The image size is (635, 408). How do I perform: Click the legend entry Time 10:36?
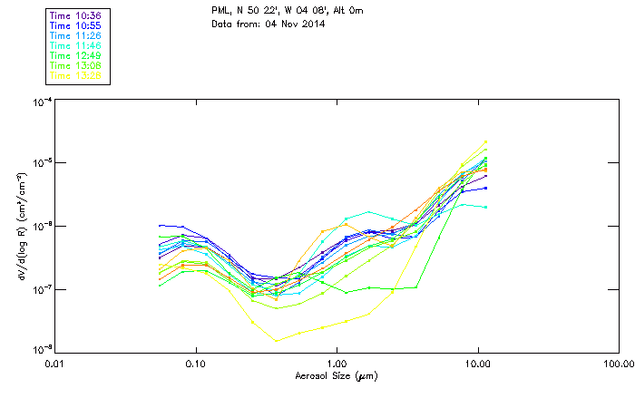click(76, 15)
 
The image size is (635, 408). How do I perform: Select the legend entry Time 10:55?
click(76, 25)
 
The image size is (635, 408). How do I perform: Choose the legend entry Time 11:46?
click(76, 45)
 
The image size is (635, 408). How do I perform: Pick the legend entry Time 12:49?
click(76, 55)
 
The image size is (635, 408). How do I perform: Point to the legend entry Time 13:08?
click(76, 65)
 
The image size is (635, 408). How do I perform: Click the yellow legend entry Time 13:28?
click(76, 75)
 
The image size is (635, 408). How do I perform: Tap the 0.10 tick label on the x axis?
click(196, 364)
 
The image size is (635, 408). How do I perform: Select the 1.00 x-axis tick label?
click(337, 364)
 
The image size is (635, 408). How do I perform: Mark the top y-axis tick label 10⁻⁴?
click(43, 102)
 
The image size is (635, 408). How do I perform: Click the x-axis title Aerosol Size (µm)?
click(336, 375)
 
